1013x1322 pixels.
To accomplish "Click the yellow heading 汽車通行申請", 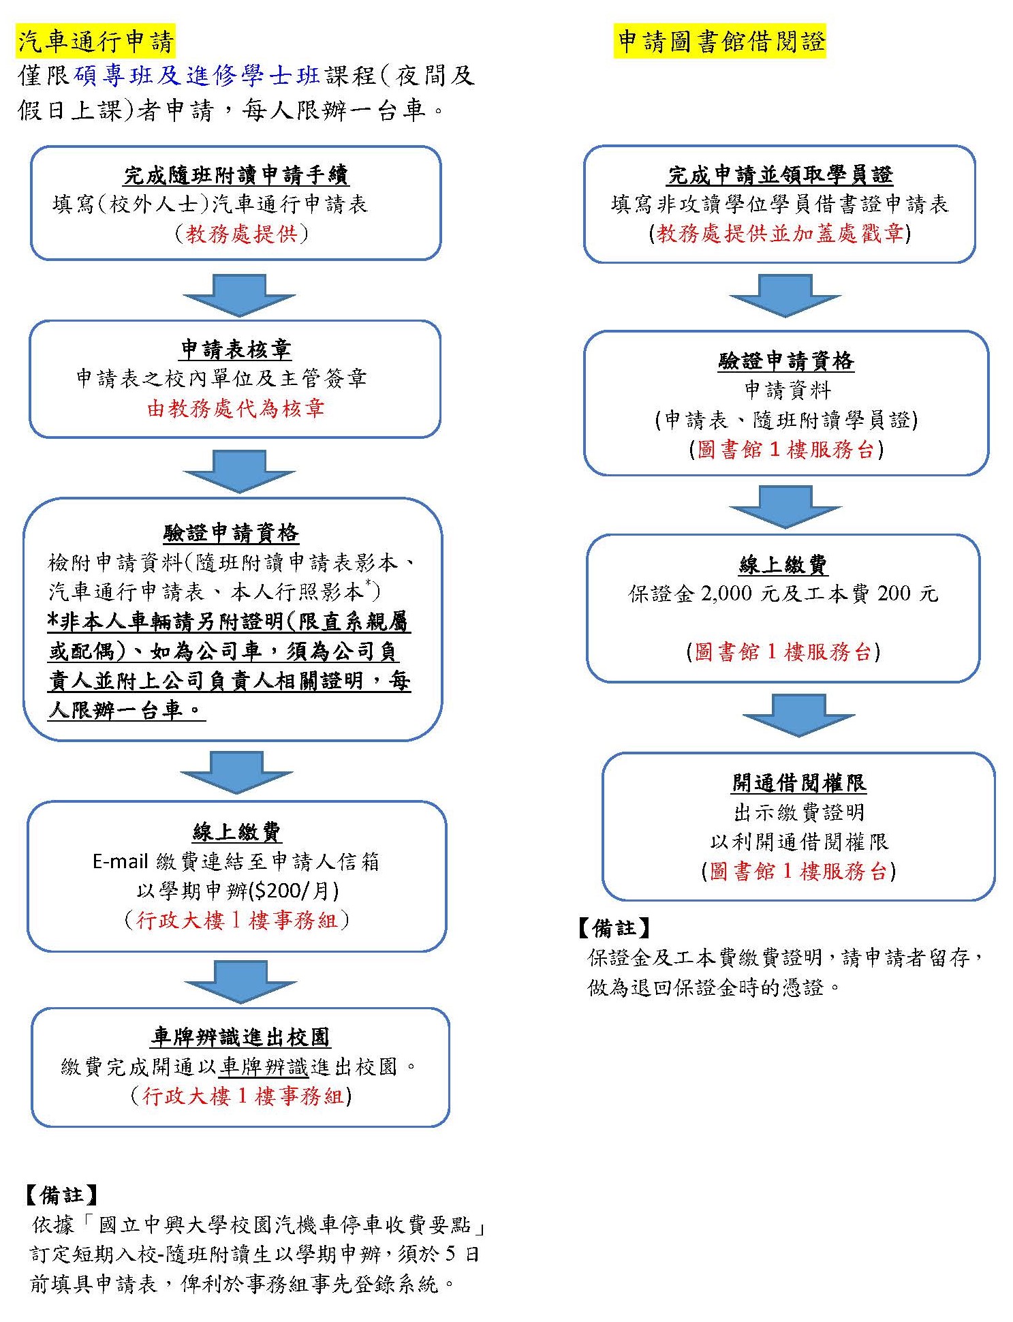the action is point(96,42).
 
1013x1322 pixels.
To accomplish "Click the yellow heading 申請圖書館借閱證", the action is point(720,42).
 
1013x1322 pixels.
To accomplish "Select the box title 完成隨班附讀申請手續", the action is point(236,175).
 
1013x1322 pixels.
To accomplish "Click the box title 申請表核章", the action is point(236,350).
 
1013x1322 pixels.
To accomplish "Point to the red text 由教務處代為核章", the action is point(236,408).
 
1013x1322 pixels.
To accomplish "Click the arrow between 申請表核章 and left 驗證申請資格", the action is point(239,471).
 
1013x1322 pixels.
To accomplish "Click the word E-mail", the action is point(121,861).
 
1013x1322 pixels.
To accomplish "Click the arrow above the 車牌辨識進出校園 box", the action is point(240,982).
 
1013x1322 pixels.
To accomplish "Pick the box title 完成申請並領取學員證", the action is point(780,175).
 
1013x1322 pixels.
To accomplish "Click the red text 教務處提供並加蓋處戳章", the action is point(780,234).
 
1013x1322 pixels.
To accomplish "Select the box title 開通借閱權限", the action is point(799,782).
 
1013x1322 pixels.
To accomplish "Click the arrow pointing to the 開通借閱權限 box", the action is point(798,716).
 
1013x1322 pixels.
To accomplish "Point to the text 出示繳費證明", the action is point(799,812).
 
